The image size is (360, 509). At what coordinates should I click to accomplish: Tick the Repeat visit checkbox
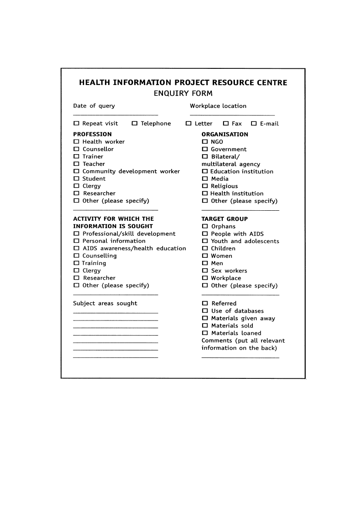point(76,124)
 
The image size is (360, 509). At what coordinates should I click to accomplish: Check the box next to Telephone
point(135,124)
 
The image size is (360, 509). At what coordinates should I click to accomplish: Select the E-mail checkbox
point(254,124)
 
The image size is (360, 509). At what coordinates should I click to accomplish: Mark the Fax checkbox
point(226,124)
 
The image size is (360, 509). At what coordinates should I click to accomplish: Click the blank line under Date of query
point(115,115)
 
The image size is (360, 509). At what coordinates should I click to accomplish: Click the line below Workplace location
point(232,115)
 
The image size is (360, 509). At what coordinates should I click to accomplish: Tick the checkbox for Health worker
point(76,142)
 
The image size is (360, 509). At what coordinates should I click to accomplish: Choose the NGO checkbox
point(205,142)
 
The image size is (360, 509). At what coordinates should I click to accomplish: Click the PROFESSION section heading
point(92,135)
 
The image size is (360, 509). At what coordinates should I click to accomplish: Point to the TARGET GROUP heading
point(224,219)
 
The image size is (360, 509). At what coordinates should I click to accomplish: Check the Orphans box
point(205,226)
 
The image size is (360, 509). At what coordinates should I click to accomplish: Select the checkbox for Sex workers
point(205,271)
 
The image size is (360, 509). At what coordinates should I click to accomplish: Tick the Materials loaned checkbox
point(205,333)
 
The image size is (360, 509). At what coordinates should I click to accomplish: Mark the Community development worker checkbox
point(76,172)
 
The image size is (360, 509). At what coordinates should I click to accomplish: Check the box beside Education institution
point(205,172)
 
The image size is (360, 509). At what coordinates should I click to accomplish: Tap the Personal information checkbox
point(76,241)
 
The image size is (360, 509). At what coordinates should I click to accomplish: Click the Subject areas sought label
point(105,303)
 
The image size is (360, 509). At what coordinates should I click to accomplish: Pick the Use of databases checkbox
point(205,311)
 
